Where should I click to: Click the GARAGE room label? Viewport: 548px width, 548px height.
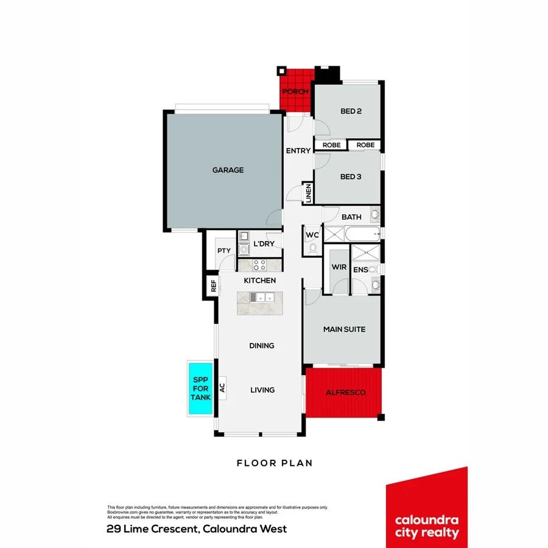tap(228, 170)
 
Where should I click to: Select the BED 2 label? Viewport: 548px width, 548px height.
tap(351, 111)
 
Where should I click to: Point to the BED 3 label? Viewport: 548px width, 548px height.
tap(351, 177)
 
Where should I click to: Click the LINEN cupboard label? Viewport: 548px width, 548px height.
tap(309, 193)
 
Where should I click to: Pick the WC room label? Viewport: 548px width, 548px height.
tap(312, 235)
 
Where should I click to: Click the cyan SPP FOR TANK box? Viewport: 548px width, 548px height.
tap(200, 389)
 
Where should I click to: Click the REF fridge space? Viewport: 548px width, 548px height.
tap(214, 286)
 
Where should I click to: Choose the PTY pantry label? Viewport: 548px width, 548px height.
tap(223, 250)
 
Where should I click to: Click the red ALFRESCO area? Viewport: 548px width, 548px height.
tap(345, 393)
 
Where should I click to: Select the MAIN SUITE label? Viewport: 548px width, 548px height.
tap(344, 329)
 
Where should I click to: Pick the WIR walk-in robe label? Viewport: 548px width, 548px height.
tap(339, 267)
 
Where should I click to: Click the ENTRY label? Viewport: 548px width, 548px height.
tap(298, 150)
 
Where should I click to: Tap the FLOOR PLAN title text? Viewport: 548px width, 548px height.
tap(275, 463)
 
